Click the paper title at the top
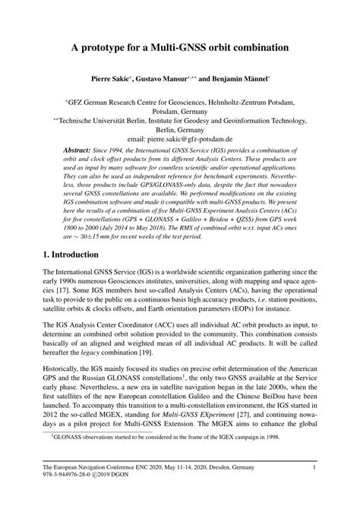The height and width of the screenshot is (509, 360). click(x=180, y=47)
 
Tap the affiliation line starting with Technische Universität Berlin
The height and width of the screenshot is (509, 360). click(x=180, y=120)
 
